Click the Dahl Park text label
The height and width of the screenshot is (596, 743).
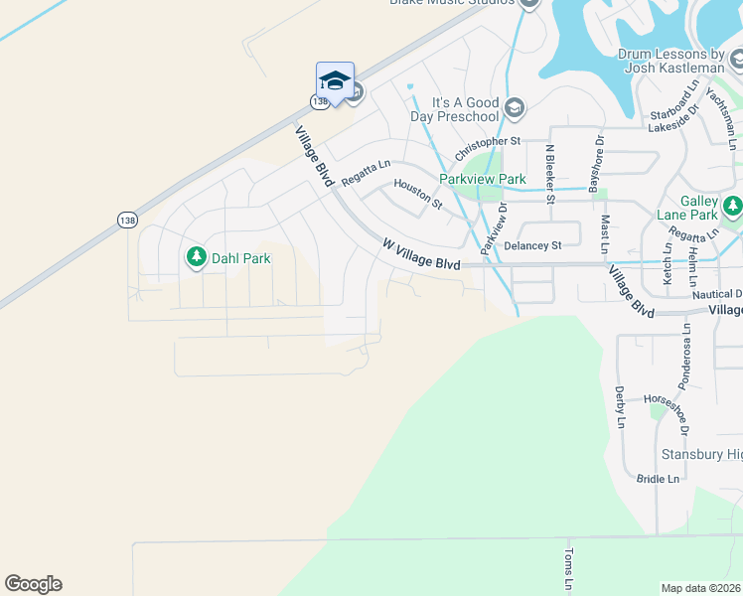pyautogui.click(x=239, y=257)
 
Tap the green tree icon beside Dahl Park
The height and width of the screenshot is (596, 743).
pyautogui.click(x=196, y=257)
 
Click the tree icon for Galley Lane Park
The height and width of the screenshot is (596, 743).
pyautogui.click(x=732, y=207)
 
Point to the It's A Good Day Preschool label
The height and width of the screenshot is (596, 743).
pyautogui.click(x=465, y=109)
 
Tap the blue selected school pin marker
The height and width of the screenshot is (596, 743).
pyautogui.click(x=335, y=82)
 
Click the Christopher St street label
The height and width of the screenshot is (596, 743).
pyautogui.click(x=488, y=149)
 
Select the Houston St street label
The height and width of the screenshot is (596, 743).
pyautogui.click(x=417, y=194)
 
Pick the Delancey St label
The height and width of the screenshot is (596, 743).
pyautogui.click(x=532, y=245)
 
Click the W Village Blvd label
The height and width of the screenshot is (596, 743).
pyautogui.click(x=422, y=254)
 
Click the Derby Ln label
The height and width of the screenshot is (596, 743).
pyautogui.click(x=620, y=407)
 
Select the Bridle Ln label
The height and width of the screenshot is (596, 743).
pyautogui.click(x=658, y=479)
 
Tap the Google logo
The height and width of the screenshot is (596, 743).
pyautogui.click(x=33, y=584)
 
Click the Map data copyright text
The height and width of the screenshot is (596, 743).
pyautogui.click(x=701, y=588)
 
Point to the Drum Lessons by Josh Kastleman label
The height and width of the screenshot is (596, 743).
pyautogui.click(x=671, y=62)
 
